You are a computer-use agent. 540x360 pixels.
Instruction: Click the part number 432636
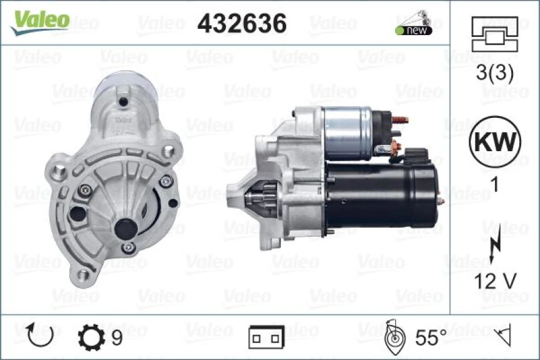click(242, 23)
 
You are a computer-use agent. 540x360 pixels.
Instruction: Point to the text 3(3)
click(495, 74)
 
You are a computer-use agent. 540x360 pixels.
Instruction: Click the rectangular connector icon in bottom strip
click(266, 337)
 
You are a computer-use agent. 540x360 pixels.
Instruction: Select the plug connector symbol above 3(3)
click(495, 34)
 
